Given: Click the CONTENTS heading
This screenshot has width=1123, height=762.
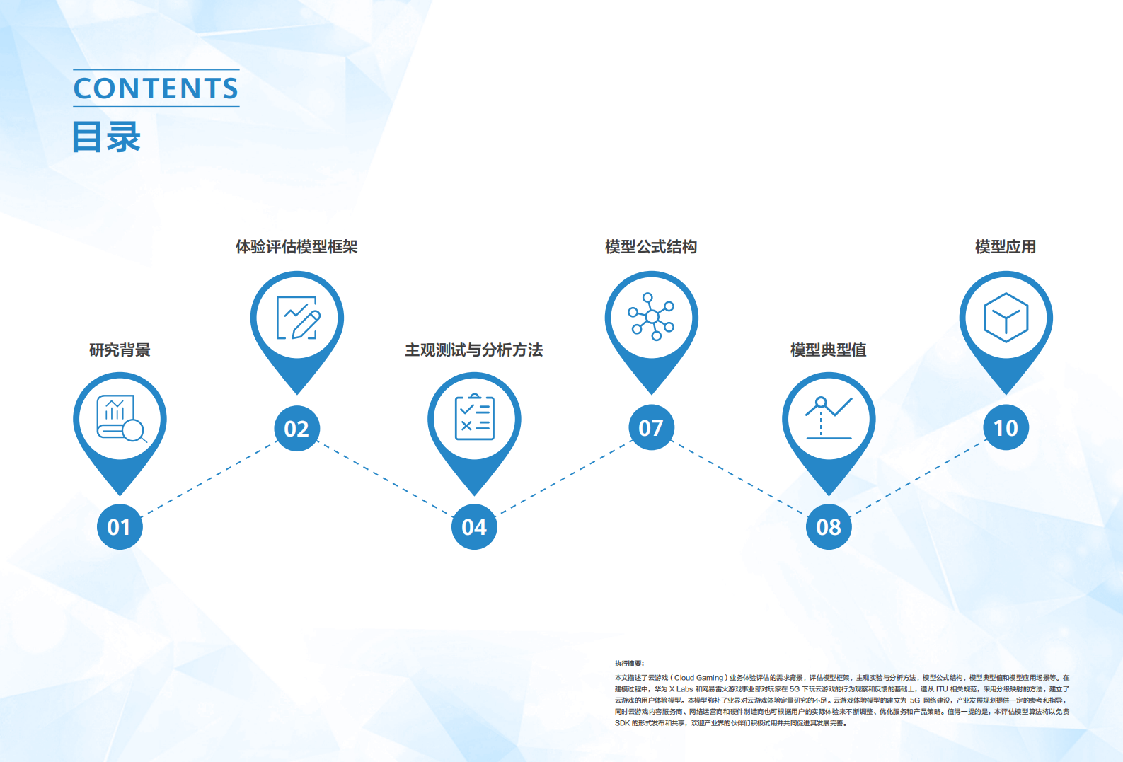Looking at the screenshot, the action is click(x=156, y=88).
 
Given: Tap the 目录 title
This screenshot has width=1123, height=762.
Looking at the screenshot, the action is click(x=106, y=137).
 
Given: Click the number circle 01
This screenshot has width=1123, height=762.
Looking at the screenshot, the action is click(x=120, y=527).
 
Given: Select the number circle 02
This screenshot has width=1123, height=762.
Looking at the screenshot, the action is click(x=296, y=429).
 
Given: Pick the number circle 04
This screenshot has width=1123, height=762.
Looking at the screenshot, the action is click(x=474, y=527).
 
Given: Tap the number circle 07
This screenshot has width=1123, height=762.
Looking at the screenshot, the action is click(x=651, y=427).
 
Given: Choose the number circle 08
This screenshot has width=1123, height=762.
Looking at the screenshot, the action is click(x=829, y=527).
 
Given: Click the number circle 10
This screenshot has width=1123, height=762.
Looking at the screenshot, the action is click(x=1006, y=427).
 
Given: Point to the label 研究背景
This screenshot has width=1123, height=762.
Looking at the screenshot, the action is click(x=120, y=350).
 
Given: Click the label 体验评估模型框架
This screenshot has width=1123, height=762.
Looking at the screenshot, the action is click(x=296, y=247).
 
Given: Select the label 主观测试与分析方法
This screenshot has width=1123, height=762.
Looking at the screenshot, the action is click(x=474, y=350).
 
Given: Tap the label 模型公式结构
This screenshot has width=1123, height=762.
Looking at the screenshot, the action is click(x=651, y=247).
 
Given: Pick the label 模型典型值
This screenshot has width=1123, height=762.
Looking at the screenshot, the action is click(x=829, y=350).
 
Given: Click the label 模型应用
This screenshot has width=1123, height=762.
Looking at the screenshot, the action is click(x=1006, y=247).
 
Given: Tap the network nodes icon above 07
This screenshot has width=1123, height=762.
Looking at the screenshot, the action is click(x=651, y=316).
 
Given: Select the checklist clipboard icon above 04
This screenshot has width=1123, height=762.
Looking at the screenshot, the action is click(x=474, y=417).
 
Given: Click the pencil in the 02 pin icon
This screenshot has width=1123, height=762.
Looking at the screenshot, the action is click(x=306, y=325).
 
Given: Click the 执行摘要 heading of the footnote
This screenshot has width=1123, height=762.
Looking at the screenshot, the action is click(x=629, y=664).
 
